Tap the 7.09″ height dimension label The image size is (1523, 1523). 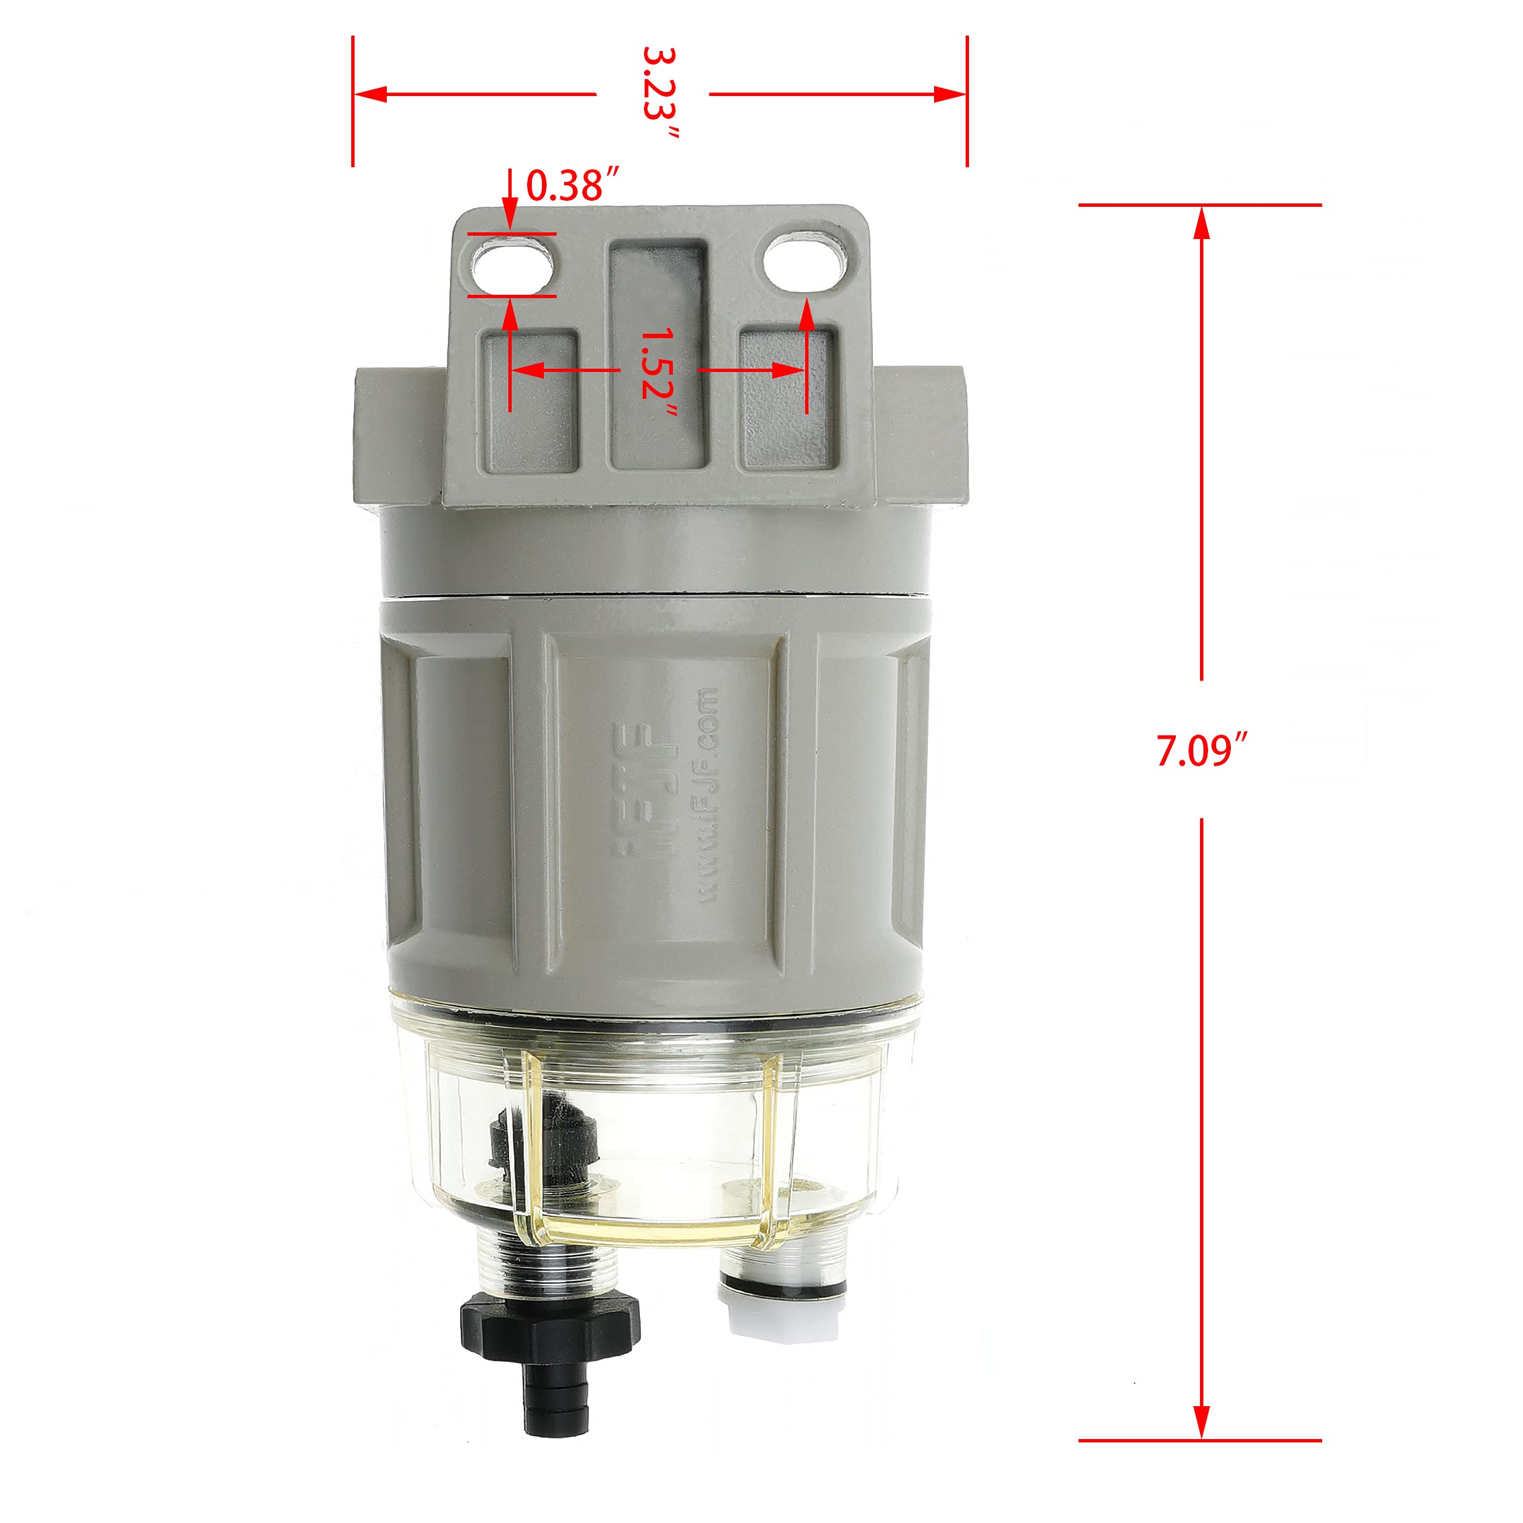pos(1201,749)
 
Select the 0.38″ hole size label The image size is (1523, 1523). pos(572,186)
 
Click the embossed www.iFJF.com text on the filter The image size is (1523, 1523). pos(707,796)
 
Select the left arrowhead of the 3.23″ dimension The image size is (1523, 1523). pos(371,94)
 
